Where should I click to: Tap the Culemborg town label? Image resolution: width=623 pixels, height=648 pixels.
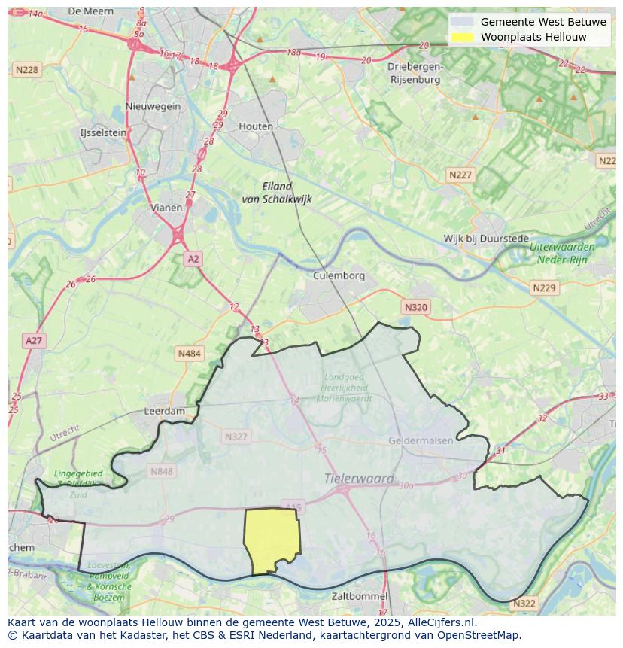[339, 275]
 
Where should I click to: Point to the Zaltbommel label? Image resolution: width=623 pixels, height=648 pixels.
[360, 596]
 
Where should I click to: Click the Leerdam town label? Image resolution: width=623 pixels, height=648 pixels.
[164, 412]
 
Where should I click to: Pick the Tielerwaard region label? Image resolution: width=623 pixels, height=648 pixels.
[359, 478]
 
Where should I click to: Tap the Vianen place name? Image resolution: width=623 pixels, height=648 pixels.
[166, 208]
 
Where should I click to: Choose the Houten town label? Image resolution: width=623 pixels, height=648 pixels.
[256, 126]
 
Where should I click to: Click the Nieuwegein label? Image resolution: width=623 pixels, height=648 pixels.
[153, 106]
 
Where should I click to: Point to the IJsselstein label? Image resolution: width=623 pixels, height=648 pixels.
[103, 132]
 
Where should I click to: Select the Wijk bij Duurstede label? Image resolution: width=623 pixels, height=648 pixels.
[486, 239]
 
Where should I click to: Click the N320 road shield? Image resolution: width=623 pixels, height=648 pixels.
[415, 307]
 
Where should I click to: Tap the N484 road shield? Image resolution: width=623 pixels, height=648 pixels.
[189, 353]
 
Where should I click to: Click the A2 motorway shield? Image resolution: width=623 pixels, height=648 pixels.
[193, 259]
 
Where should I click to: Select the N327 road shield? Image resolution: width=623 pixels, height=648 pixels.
[236, 437]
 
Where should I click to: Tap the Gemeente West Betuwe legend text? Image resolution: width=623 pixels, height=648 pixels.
[543, 22]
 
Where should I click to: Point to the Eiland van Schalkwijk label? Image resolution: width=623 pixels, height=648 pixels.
[276, 193]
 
